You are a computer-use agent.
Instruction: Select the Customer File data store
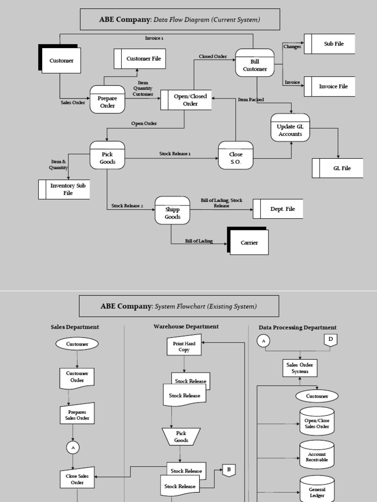(x=140, y=59)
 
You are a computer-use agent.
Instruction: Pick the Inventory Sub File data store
(x=64, y=189)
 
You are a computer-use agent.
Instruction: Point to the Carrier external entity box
(x=249, y=243)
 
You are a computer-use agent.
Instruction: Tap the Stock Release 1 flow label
(x=175, y=154)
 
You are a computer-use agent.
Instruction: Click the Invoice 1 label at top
(x=154, y=38)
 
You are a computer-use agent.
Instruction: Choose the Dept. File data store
(x=278, y=209)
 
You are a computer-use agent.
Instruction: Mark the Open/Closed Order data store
(x=186, y=100)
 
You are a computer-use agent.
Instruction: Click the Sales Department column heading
(x=75, y=327)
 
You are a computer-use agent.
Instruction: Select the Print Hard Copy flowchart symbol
(x=184, y=346)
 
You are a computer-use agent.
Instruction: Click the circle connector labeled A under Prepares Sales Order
(x=73, y=448)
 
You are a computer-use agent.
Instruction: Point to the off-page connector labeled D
(x=330, y=340)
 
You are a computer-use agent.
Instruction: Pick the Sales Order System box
(x=300, y=368)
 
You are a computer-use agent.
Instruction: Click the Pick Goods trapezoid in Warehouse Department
(x=181, y=436)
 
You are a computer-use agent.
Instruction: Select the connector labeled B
(x=229, y=470)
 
